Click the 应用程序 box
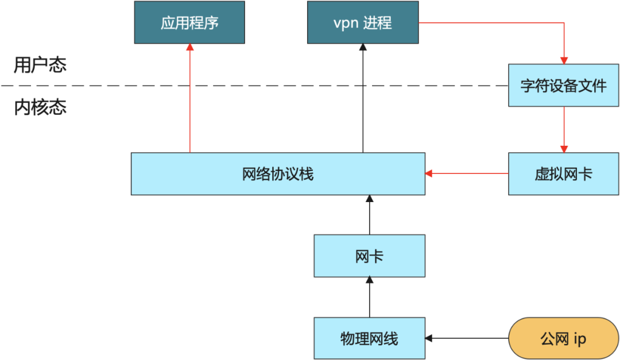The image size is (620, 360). [189, 23]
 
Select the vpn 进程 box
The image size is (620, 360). [363, 23]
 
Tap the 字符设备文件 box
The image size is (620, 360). [563, 86]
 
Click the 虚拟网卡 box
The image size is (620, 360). [563, 174]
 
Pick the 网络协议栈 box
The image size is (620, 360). [278, 174]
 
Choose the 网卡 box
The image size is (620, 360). [369, 257]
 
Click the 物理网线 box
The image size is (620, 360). [369, 338]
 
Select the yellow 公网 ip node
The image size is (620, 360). [563, 338]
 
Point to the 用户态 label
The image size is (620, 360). [40, 65]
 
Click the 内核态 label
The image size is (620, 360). [40, 107]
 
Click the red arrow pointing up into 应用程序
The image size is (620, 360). [189, 98]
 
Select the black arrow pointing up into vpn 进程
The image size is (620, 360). [363, 98]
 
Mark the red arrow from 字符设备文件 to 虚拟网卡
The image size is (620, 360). [564, 129]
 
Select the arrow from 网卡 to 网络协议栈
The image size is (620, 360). [369, 215]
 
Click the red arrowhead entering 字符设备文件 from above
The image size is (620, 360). [564, 60]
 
